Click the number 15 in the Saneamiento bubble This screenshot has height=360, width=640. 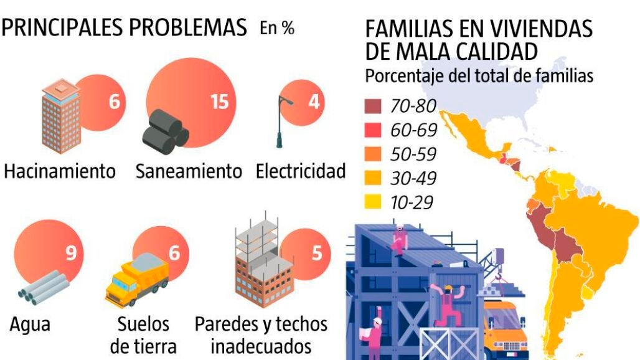[x=220, y=101]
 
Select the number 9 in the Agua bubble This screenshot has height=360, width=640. [x=71, y=253]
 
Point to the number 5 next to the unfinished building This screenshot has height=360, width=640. [x=317, y=253]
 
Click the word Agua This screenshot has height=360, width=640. [x=30, y=324]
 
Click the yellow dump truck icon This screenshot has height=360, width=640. [x=137, y=279]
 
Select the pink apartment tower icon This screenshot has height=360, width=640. [x=60, y=117]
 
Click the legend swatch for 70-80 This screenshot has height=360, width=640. [x=372, y=107]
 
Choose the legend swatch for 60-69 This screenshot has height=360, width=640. [x=372, y=130]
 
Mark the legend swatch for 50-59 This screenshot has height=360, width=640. [x=372, y=154]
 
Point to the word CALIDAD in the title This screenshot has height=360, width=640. [x=492, y=50]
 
